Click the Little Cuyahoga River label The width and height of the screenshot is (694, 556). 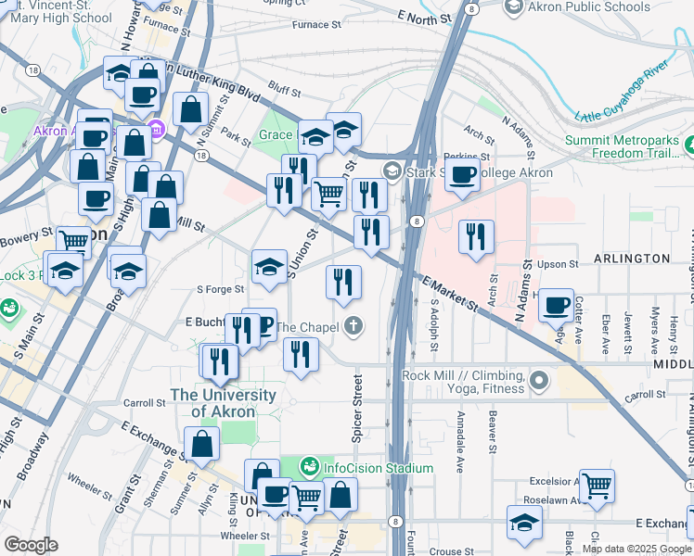pyautogui.click(x=622, y=93)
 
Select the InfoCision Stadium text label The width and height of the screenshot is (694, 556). pyautogui.click(x=379, y=468)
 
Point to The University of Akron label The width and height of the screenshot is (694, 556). pyautogui.click(x=224, y=403)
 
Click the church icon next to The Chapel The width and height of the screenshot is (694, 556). pyautogui.click(x=352, y=326)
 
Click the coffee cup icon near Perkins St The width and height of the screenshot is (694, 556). pyautogui.click(x=462, y=173)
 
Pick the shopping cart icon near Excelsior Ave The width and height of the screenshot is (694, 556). pyautogui.click(x=597, y=485)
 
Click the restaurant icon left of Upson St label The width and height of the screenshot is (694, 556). pyautogui.click(x=477, y=235)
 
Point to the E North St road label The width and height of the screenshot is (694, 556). pyautogui.click(x=425, y=17)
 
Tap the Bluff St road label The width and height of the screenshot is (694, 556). pyautogui.click(x=284, y=92)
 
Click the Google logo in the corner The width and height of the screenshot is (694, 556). pyautogui.click(x=30, y=545)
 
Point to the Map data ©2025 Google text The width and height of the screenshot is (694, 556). pyautogui.click(x=636, y=549)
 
